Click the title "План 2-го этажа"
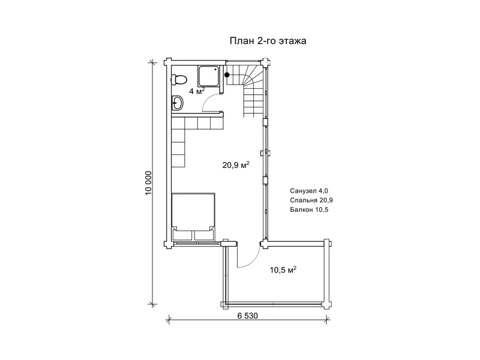[268, 41]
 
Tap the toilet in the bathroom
[178, 80]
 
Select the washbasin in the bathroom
[177, 103]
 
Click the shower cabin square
[208, 77]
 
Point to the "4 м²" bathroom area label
[197, 91]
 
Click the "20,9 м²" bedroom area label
[236, 166]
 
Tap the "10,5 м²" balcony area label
[283, 270]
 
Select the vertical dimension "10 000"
[149, 183]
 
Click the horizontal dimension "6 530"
[248, 316]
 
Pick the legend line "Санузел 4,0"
[309, 191]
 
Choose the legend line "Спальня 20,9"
[311, 200]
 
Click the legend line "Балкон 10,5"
[309, 209]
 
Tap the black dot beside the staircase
[227, 74]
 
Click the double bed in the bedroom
[193, 217]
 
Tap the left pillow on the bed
[182, 235]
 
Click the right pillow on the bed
[204, 235]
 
